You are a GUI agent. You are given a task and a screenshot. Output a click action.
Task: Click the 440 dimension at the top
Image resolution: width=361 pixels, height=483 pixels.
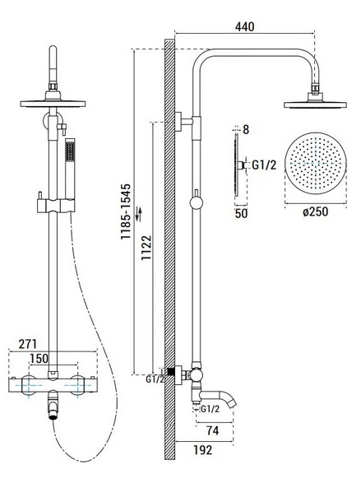[x=245, y=27]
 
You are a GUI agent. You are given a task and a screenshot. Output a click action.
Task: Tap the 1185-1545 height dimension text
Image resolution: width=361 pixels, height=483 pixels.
[x=126, y=211]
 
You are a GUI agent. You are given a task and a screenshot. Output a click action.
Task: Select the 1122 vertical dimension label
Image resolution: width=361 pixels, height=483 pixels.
[x=146, y=248]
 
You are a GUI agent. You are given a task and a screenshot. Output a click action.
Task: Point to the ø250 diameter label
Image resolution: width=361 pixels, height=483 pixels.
[x=315, y=211]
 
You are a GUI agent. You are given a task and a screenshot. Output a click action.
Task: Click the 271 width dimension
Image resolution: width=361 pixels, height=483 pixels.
[x=28, y=344]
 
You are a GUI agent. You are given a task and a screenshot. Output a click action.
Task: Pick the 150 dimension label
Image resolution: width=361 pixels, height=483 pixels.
[x=39, y=358]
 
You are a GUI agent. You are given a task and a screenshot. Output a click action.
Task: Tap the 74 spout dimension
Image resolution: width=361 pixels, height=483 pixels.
[x=213, y=430]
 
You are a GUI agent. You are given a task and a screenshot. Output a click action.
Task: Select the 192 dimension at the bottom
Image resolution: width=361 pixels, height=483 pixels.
[x=203, y=450]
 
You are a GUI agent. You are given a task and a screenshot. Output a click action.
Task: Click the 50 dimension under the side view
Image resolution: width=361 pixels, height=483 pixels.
[x=241, y=213]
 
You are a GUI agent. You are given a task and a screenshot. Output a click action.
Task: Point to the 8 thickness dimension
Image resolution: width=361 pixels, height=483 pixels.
[x=246, y=130]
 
